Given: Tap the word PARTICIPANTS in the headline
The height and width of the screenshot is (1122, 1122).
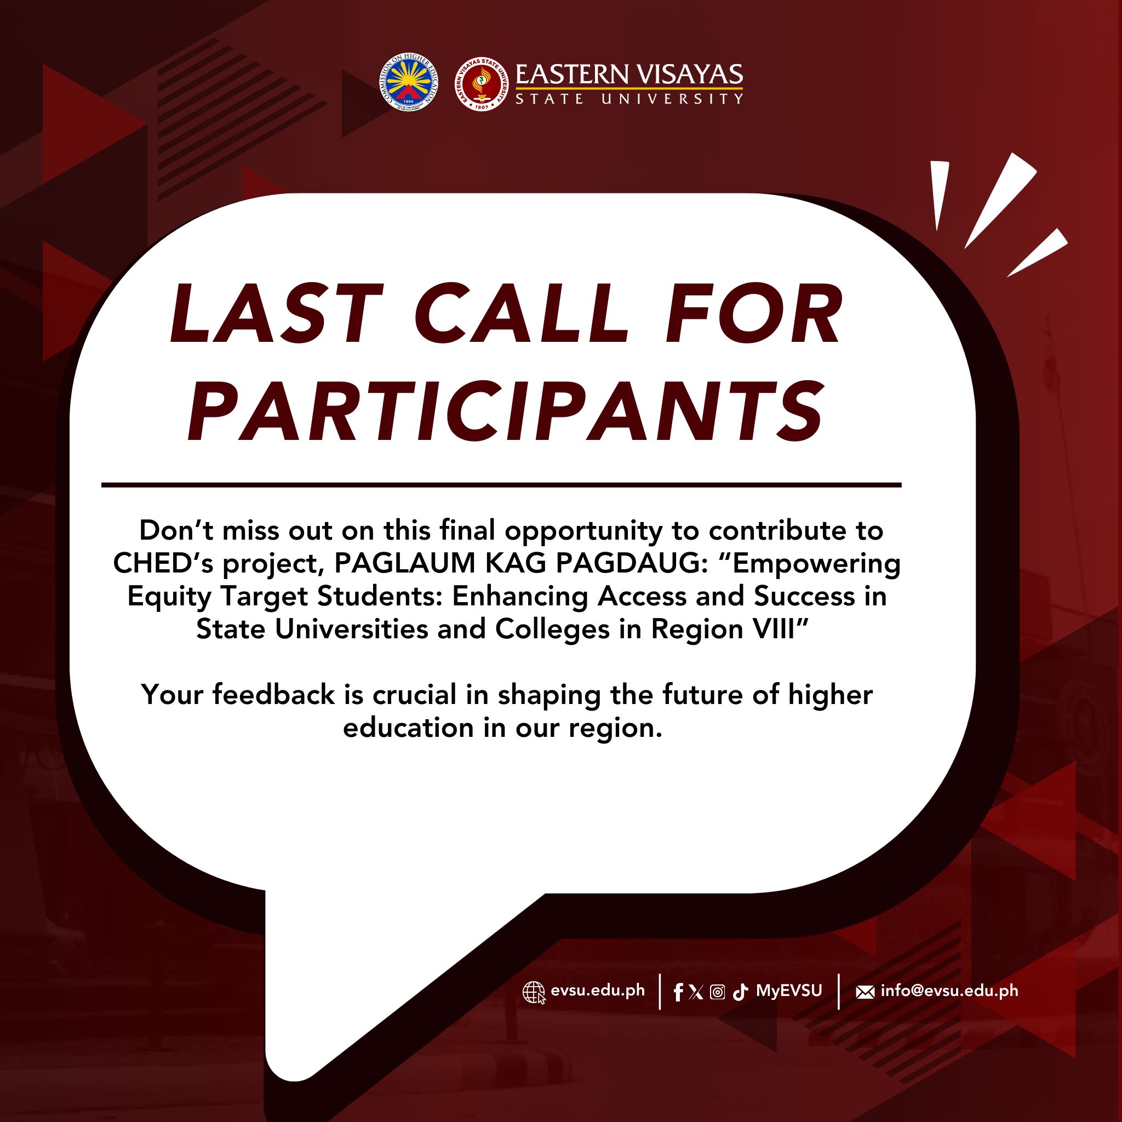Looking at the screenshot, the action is [x=505, y=411].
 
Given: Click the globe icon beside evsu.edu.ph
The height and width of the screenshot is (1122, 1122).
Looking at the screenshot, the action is [x=534, y=993].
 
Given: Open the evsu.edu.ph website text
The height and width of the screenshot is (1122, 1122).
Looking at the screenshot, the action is [x=598, y=990].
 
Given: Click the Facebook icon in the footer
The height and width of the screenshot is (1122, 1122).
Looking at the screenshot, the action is [x=678, y=993].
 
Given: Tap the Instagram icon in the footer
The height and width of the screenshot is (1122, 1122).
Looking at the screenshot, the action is [x=717, y=993].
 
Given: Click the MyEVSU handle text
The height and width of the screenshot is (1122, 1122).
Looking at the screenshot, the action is [x=789, y=991].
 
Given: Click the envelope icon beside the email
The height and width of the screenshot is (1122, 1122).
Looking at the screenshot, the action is [x=865, y=993].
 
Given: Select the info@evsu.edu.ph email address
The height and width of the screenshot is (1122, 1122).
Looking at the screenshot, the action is [x=949, y=990].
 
